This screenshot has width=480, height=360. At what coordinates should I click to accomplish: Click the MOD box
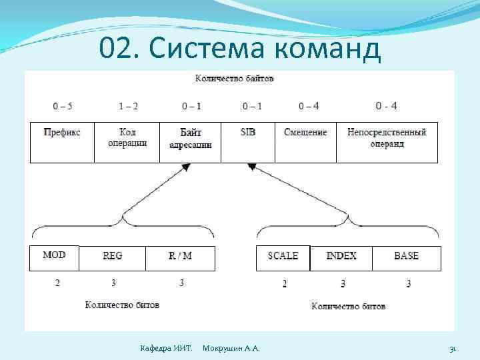54,257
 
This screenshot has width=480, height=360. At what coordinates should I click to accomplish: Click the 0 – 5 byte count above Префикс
63,106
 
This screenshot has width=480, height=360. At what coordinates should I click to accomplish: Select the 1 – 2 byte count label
128,106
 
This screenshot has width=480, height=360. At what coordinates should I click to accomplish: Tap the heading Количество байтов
234,79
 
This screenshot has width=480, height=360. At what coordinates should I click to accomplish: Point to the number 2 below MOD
57,283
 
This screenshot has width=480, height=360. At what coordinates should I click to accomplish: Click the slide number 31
453,349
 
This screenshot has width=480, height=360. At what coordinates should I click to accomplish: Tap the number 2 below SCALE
285,284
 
